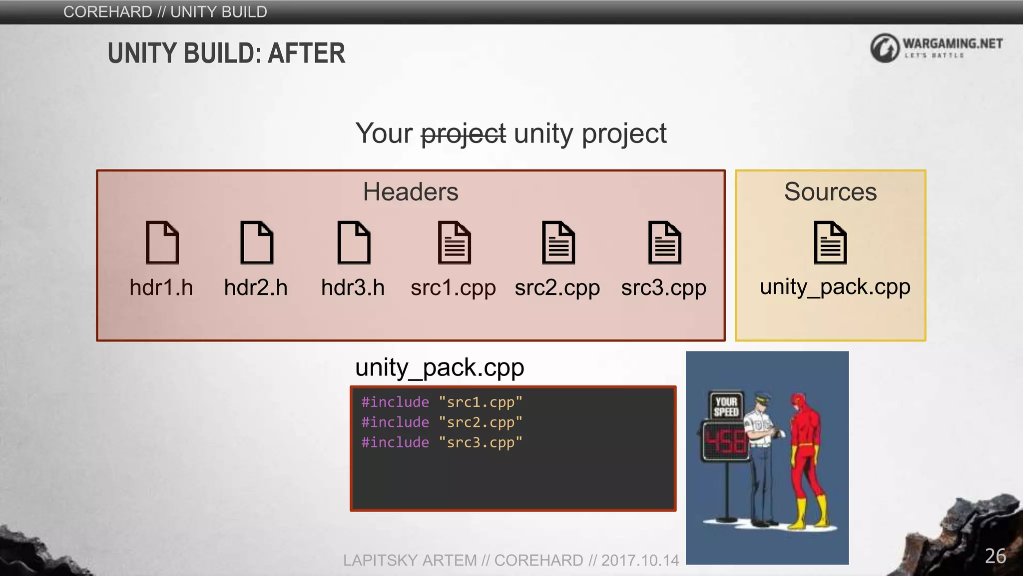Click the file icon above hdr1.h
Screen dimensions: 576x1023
tap(162, 242)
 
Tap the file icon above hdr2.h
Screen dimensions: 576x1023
tap(257, 242)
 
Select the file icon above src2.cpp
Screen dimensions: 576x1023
tap(558, 242)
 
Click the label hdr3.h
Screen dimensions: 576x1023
tap(353, 287)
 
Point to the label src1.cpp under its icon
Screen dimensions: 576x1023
tap(453, 288)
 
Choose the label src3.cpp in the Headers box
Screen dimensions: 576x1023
tap(663, 288)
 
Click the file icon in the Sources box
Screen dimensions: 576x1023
tap(830, 242)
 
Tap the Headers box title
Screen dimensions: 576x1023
tap(411, 191)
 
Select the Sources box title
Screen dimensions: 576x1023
tap(830, 191)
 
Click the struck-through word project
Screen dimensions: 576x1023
tap(463, 134)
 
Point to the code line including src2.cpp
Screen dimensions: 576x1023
tap(442, 422)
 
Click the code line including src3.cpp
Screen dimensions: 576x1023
tap(442, 442)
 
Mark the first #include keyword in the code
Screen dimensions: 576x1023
tap(395, 402)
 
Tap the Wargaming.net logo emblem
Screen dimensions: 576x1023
tap(885, 48)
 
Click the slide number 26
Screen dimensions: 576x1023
tap(995, 556)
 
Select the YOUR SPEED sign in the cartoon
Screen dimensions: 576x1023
tap(726, 406)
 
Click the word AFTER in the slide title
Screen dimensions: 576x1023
tap(306, 53)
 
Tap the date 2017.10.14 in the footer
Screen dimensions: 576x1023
tap(640, 560)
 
